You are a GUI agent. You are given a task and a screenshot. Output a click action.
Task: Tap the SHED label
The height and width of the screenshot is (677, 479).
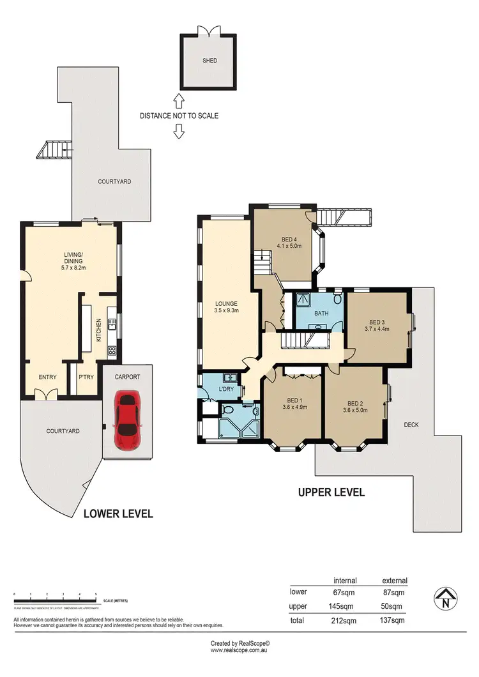click(209, 61)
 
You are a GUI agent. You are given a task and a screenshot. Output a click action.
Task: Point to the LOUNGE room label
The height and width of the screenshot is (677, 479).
click(227, 303)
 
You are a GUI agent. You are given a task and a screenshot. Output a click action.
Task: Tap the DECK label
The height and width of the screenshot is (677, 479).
click(411, 424)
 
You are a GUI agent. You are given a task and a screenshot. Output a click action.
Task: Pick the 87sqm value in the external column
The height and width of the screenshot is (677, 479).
click(394, 593)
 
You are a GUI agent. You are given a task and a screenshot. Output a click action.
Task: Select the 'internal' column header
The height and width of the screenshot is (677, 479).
click(345, 581)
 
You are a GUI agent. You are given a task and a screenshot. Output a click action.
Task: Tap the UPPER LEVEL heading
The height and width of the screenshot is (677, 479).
click(331, 492)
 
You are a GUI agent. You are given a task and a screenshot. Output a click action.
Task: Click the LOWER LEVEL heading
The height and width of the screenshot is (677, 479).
click(118, 513)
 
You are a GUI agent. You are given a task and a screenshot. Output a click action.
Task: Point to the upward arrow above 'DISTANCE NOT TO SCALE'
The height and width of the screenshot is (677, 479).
click(179, 100)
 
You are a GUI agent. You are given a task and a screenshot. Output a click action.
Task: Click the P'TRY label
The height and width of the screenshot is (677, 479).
click(86, 377)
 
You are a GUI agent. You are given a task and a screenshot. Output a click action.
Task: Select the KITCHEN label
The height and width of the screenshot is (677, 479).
click(99, 330)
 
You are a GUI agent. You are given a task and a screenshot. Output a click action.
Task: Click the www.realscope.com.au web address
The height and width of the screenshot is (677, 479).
click(240, 651)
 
